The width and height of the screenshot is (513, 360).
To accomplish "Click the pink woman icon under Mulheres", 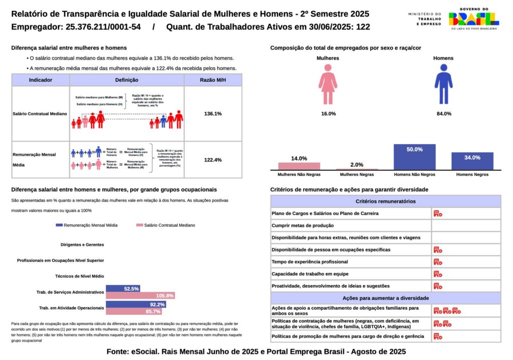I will click(328, 85).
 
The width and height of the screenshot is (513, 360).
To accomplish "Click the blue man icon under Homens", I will click(443, 85).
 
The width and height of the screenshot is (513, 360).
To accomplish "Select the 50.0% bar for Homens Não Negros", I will click(414, 157).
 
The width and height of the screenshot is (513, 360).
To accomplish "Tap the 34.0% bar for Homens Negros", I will click(472, 161).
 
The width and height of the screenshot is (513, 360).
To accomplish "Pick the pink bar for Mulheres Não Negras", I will click(299, 166).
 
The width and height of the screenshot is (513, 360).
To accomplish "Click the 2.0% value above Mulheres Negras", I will click(357, 165).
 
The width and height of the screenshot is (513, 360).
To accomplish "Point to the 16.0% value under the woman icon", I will click(328, 114).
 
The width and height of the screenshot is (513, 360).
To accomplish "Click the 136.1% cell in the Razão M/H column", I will click(213, 114).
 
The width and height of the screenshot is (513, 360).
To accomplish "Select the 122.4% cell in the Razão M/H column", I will click(213, 160).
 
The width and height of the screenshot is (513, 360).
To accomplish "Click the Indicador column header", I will click(41, 80).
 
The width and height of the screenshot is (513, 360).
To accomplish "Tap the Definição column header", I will click(127, 80).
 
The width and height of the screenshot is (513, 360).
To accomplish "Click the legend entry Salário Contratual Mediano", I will click(165, 225).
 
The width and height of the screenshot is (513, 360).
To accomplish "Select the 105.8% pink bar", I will click(140, 295).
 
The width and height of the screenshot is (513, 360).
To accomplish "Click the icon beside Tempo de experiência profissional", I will click(438, 262).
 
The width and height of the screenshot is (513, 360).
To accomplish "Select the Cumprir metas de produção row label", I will click(303, 226).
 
